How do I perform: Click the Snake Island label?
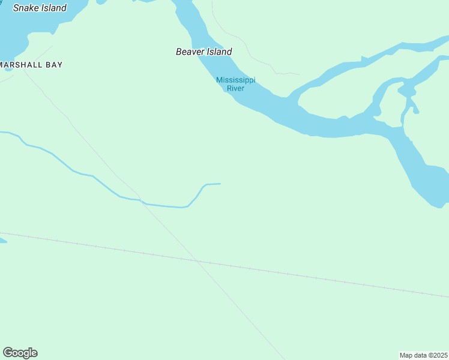pyautogui.click(x=40, y=8)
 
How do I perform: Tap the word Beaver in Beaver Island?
pyautogui.click(x=190, y=52)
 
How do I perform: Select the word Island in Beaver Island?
pyautogui.click(x=220, y=52)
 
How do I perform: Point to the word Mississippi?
pyautogui.click(x=235, y=80)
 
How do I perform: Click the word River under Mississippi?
pyautogui.click(x=235, y=89)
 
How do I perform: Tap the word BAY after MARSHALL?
pyautogui.click(x=53, y=65)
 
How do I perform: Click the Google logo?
pyautogui.click(x=20, y=353)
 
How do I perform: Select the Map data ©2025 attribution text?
pyautogui.click(x=423, y=355)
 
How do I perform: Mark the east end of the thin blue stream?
pyautogui.click(x=220, y=184)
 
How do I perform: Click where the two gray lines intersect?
pyautogui.click(x=196, y=261)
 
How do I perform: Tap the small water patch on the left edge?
pyautogui.click(x=2, y=241)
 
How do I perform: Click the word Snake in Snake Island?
pyautogui.click(x=26, y=8)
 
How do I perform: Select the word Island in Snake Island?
pyautogui.click(x=54, y=8)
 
